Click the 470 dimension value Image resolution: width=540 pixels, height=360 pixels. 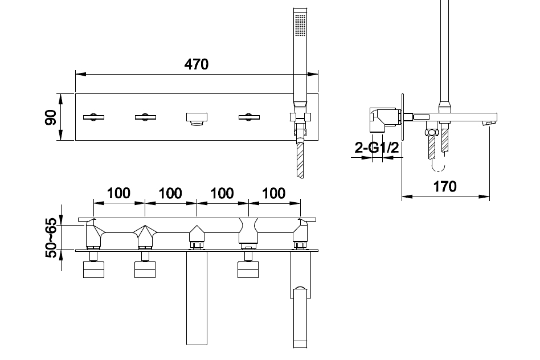click(197, 64)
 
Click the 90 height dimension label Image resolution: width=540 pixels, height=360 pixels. click(51, 117)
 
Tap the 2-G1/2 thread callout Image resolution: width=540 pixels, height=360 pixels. click(377, 148)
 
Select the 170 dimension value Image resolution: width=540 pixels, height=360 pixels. click(445, 186)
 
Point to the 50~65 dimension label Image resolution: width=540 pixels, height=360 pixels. click(51, 238)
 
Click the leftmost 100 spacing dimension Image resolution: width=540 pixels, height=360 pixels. click(119, 193)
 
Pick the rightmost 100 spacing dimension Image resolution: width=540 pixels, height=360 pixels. click(274, 193)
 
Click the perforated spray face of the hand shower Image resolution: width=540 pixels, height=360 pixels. click(300, 24)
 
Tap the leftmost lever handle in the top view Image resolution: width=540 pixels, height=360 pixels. click(93, 117)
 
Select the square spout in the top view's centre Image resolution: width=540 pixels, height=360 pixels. click(197, 118)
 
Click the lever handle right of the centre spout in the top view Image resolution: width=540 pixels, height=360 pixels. click(249, 117)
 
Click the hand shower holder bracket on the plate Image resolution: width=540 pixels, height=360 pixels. click(300, 117)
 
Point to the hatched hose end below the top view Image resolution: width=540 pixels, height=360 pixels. click(300, 160)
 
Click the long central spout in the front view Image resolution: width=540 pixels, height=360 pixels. click(197, 298)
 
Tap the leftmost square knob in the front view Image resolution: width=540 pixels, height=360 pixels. click(93, 269)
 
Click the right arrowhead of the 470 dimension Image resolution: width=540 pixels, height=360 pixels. click(313, 74)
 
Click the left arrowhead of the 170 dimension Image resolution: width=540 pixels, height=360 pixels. click(407, 197)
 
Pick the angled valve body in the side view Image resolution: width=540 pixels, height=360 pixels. click(383, 120)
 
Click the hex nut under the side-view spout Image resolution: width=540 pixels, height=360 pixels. click(431, 132)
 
